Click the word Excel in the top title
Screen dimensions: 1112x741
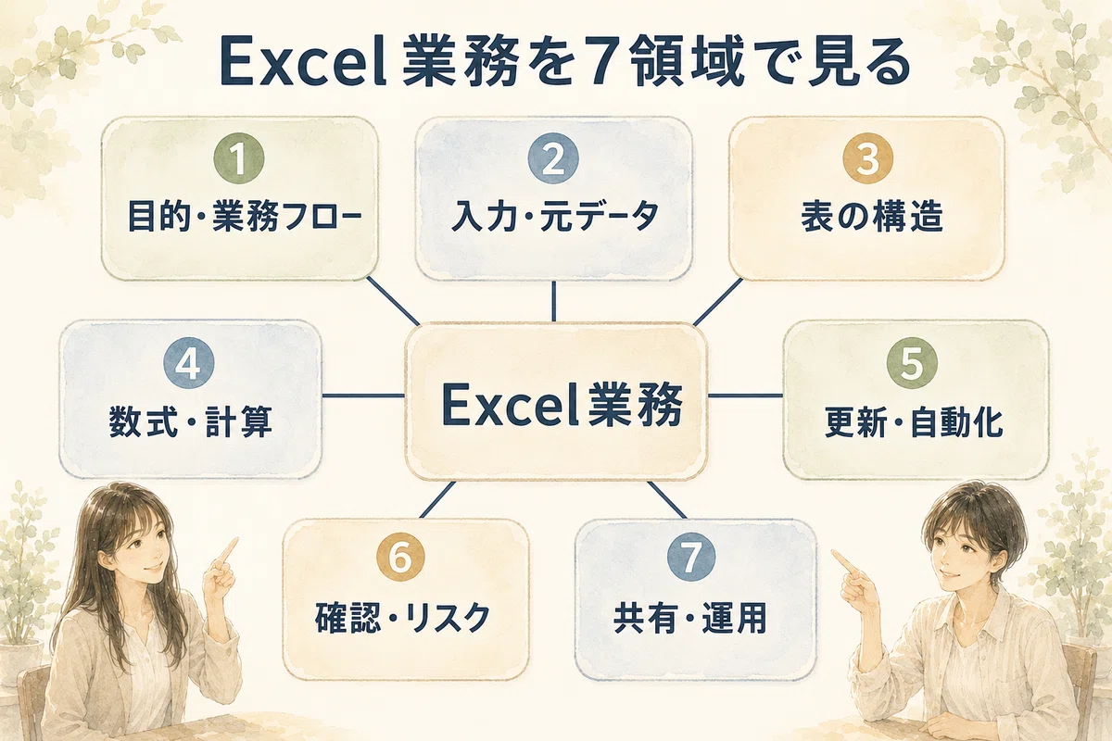pos(302,65)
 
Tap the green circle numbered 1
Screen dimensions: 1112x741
pos(239,158)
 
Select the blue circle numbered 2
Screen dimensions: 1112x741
pos(553,158)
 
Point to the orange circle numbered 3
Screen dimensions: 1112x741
pos(867,158)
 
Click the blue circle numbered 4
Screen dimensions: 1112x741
pos(189,363)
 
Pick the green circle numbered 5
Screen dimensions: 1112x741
pos(912,363)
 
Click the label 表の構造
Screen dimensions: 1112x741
pos(872,217)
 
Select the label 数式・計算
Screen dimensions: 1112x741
pos(191,421)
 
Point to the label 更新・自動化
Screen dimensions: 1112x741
pos(914,421)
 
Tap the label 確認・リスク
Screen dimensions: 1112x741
pos(402,618)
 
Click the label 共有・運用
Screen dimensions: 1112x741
pos(690,618)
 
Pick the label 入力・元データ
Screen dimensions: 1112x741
pos(555,217)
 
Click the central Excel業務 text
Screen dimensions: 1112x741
pos(562,406)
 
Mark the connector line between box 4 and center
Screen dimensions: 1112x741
pos(363,396)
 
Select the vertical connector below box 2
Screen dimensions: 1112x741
pos(553,301)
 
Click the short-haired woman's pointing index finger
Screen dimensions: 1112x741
pos(843,560)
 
